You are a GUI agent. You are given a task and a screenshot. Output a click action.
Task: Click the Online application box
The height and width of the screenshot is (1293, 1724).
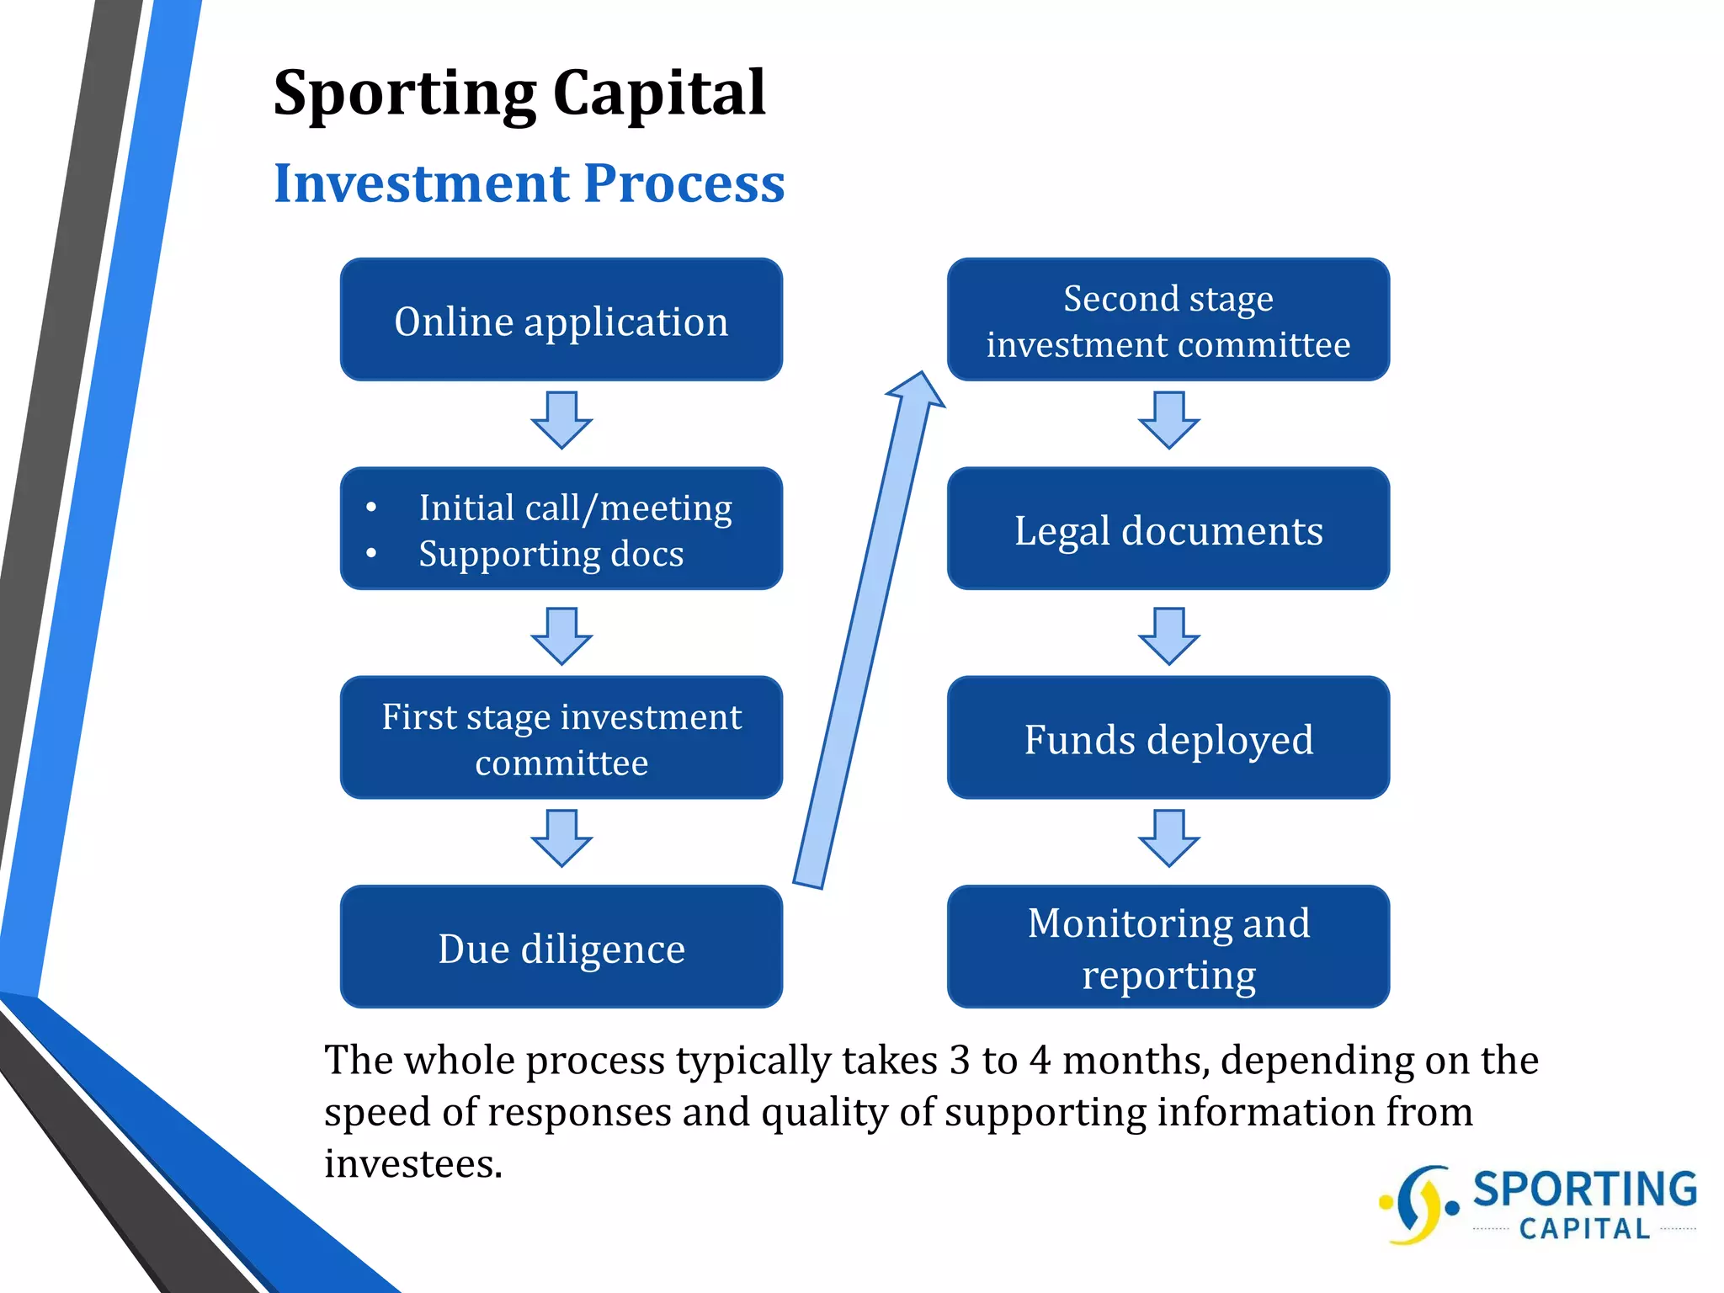[561, 320]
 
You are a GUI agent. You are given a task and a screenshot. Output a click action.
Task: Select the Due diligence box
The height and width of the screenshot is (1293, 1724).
[561, 947]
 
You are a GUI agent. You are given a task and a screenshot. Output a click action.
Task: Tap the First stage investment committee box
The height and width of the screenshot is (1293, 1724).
[561, 738]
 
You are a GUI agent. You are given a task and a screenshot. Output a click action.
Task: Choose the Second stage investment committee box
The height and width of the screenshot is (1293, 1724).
[1168, 320]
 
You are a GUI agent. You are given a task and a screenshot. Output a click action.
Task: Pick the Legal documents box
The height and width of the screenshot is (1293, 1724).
[1168, 529]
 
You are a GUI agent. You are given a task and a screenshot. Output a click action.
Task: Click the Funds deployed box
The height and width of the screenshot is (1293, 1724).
[1168, 738]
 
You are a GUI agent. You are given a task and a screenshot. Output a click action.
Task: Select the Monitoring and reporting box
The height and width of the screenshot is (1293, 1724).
[1168, 947]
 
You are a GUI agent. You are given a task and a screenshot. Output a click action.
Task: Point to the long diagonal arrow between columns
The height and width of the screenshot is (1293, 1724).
[867, 631]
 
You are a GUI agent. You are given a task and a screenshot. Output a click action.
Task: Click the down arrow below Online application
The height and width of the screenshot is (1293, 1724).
[561, 420]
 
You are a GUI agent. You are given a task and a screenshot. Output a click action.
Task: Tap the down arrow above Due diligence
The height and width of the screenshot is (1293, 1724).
[561, 838]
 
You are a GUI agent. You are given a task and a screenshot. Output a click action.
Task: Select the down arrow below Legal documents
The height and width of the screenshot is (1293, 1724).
[1168, 636]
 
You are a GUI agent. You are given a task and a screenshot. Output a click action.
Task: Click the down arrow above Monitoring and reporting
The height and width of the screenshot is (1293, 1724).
[1168, 838]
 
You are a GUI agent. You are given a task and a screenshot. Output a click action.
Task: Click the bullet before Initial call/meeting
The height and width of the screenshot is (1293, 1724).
[371, 508]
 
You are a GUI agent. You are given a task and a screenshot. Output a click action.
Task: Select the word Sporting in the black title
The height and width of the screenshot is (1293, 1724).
[405, 93]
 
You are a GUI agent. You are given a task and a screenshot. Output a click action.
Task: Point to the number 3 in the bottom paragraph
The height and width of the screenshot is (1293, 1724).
[960, 1060]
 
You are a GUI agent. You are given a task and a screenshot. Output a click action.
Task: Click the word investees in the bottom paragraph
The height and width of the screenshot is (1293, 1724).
[412, 1164]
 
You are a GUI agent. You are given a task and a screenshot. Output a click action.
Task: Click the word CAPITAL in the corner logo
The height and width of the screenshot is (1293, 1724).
[1584, 1229]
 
